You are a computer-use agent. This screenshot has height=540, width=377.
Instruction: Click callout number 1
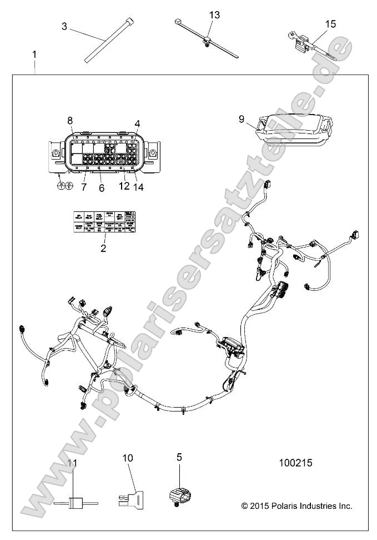tap(34, 55)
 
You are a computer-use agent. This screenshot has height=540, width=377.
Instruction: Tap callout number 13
tap(214, 15)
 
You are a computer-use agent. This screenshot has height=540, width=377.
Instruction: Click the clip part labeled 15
tap(304, 42)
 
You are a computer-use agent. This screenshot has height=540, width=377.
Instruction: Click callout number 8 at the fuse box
tap(70, 121)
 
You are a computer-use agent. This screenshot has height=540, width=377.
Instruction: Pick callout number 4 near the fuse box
tap(137, 123)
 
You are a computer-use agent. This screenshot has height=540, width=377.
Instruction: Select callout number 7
tap(84, 187)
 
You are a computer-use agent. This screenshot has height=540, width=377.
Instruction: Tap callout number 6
tap(102, 189)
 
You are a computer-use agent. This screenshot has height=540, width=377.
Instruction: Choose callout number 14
tap(138, 187)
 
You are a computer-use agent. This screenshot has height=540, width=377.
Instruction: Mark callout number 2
tap(103, 249)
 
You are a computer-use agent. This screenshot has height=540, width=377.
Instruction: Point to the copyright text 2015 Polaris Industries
tap(296, 506)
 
